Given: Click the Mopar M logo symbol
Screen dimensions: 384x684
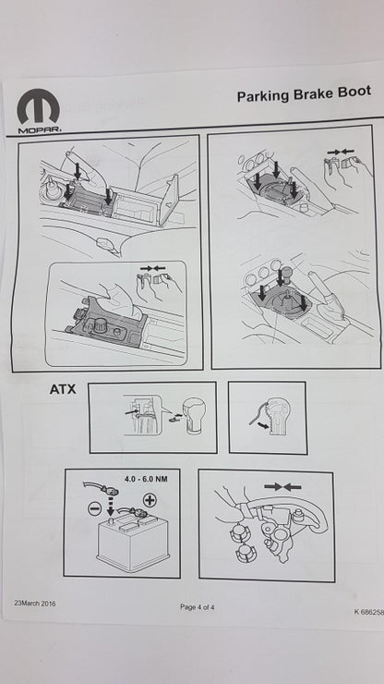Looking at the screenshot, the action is click(39, 107).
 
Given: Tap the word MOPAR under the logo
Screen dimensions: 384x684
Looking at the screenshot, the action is click(40, 130).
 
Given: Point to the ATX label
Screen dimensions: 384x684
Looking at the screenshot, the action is click(63, 389).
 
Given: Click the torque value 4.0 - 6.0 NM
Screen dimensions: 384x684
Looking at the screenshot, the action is click(146, 479).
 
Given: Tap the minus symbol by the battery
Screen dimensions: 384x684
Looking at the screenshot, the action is click(95, 509).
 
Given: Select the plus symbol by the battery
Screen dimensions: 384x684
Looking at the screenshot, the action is click(150, 500).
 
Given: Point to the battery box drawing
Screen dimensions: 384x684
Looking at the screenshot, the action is click(133, 539).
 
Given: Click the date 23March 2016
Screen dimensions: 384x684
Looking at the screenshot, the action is click(35, 604).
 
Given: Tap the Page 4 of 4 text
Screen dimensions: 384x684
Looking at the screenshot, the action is click(197, 606).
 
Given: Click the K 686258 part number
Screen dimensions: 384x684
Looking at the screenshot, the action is click(368, 612).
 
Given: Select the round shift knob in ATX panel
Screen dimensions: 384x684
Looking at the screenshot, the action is click(194, 416).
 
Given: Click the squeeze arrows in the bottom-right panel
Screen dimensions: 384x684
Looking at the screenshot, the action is click(282, 486).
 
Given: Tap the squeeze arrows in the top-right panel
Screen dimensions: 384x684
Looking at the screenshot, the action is click(341, 152).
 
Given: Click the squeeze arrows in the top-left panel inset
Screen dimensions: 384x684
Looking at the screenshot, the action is click(153, 267).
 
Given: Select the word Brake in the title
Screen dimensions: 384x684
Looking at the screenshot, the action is click(312, 93).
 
